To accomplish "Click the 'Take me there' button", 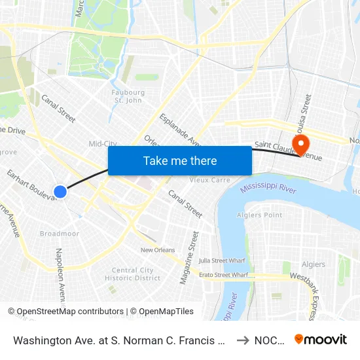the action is pos(180,160).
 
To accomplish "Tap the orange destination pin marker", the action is pos(301,144).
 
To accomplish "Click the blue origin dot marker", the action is pos(60,191).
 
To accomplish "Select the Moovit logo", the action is pos(321,340).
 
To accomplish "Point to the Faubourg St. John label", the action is pos(128,96).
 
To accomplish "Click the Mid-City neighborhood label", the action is pos(103,143).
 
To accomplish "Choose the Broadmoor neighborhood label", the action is pos(60,234).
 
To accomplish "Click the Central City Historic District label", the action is pos(133,274).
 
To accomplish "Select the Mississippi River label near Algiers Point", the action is pos(268,189).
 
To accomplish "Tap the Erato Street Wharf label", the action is pos(223,275).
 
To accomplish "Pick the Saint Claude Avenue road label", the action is pos(288,151).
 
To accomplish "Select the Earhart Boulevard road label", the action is pos(31,185).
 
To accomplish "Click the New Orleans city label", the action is pos(158,250).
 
